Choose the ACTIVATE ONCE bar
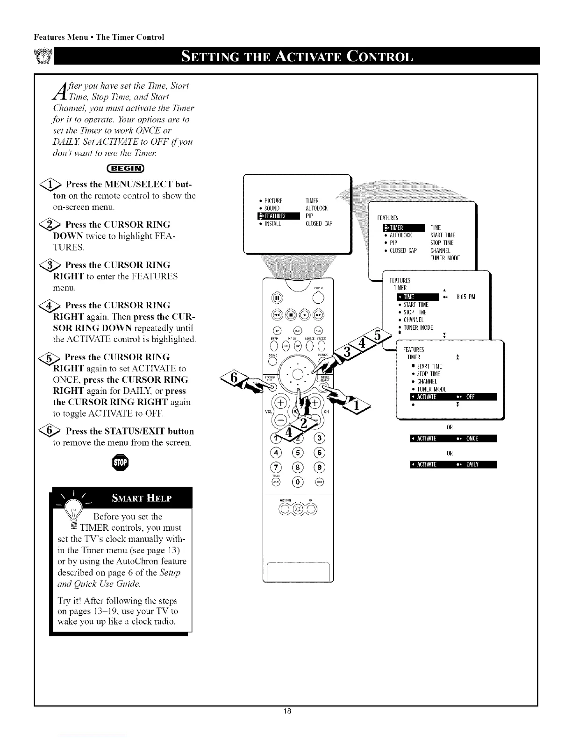tap(452, 438)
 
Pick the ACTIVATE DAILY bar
tap(452, 464)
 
